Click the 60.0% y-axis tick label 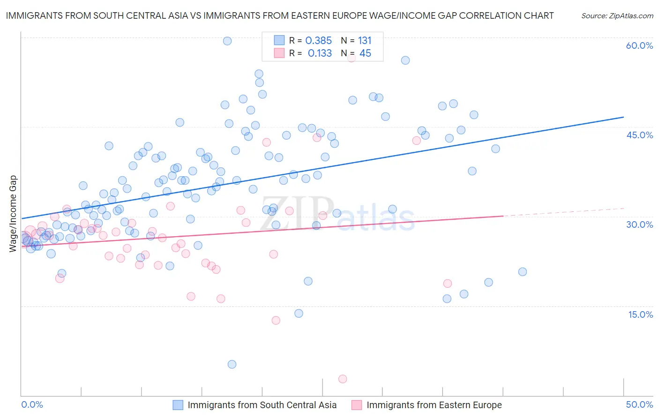[639, 45]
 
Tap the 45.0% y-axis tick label [639, 135]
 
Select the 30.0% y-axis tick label [639, 224]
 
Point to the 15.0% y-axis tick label [640, 314]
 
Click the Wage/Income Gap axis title [13, 214]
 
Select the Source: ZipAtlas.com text [617, 16]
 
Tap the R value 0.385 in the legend [318, 41]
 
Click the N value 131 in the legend [365, 41]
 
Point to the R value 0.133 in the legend [320, 53]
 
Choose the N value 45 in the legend [365, 53]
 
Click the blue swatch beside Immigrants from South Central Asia [178, 405]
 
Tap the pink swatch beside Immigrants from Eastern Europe [357, 405]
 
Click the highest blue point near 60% [227, 41]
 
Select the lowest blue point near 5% [232, 365]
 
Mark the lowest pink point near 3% [343, 379]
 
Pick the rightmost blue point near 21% [523, 272]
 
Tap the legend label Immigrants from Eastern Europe [434, 405]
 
